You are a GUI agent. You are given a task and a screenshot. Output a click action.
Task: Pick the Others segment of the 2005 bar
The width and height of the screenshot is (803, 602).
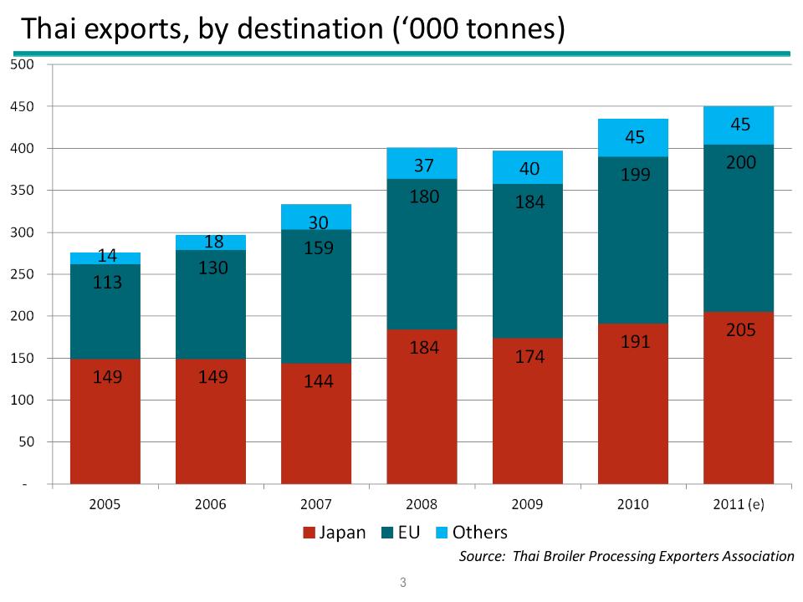[105, 258]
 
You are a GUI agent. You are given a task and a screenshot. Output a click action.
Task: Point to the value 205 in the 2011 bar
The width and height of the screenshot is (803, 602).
[739, 330]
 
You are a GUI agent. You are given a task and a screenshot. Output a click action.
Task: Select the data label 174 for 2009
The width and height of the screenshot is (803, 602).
[529, 357]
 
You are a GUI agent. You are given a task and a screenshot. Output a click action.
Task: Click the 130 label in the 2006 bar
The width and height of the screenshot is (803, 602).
[211, 268]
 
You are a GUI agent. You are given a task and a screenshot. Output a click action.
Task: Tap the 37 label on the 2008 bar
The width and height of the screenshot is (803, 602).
[423, 166]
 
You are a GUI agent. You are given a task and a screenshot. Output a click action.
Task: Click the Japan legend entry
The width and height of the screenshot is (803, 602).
[334, 533]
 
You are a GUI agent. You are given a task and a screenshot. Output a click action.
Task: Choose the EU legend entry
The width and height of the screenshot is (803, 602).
[402, 533]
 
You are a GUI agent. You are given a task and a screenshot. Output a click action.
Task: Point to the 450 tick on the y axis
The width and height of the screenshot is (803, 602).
[23, 107]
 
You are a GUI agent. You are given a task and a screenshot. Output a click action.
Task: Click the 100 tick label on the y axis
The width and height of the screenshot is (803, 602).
[23, 400]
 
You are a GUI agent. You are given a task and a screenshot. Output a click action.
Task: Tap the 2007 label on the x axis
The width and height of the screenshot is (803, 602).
[316, 505]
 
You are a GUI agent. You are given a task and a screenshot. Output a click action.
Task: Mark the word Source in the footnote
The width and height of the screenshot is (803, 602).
[482, 556]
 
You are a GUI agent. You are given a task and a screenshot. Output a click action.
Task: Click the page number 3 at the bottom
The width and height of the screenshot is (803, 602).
[402, 583]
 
